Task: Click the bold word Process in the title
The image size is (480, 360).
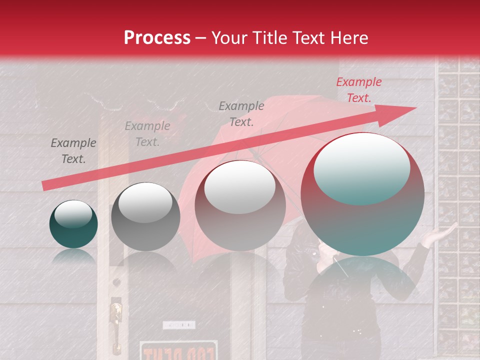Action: click(x=157, y=38)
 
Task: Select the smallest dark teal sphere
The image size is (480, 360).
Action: click(x=73, y=224)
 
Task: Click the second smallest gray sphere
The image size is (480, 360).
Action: click(x=145, y=216)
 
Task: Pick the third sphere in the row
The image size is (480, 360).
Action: click(x=240, y=205)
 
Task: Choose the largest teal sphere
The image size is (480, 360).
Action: click(x=362, y=194)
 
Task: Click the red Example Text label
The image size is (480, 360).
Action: click(x=358, y=90)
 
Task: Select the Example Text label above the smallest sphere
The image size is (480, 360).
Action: click(x=73, y=151)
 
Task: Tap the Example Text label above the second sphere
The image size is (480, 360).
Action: click(x=147, y=134)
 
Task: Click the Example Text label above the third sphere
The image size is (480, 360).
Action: click(x=241, y=113)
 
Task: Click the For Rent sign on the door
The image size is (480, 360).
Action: click(x=178, y=351)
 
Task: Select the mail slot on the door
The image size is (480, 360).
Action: click(x=178, y=325)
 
